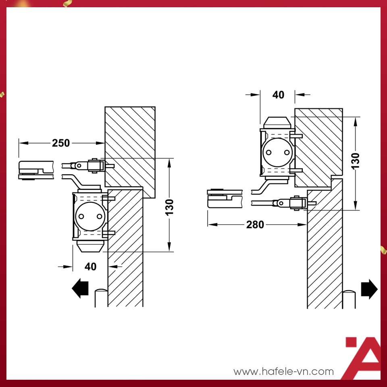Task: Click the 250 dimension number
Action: pos(61,143)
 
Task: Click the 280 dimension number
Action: pos(255,225)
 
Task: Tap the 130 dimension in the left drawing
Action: pos(169,207)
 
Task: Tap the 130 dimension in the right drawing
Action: pos(356,161)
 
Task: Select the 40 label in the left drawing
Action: pos(90,266)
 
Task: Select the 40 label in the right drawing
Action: pos(278,95)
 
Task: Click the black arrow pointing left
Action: pos(80,288)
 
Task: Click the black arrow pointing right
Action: pos(369,289)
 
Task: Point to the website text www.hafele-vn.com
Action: pos(283,371)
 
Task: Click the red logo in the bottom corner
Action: pos(363,358)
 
